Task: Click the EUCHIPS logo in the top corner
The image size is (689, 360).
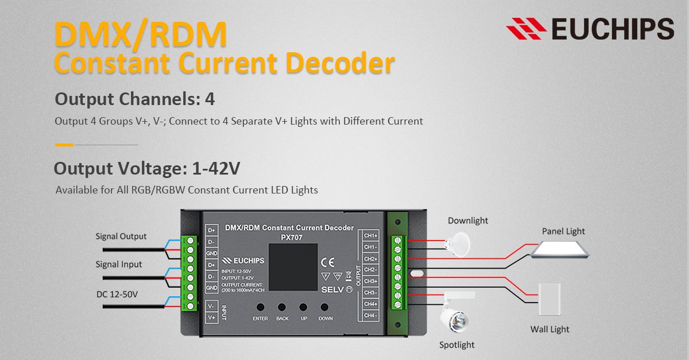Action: coord(590,28)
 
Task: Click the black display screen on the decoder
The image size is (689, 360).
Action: coord(293,268)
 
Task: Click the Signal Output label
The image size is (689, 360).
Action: coord(121,237)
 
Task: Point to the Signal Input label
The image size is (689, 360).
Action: coord(119,265)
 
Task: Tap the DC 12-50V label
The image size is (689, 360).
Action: coord(117,294)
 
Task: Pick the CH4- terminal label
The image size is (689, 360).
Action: coord(370,315)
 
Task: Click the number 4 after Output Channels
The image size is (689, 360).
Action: coord(210,99)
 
